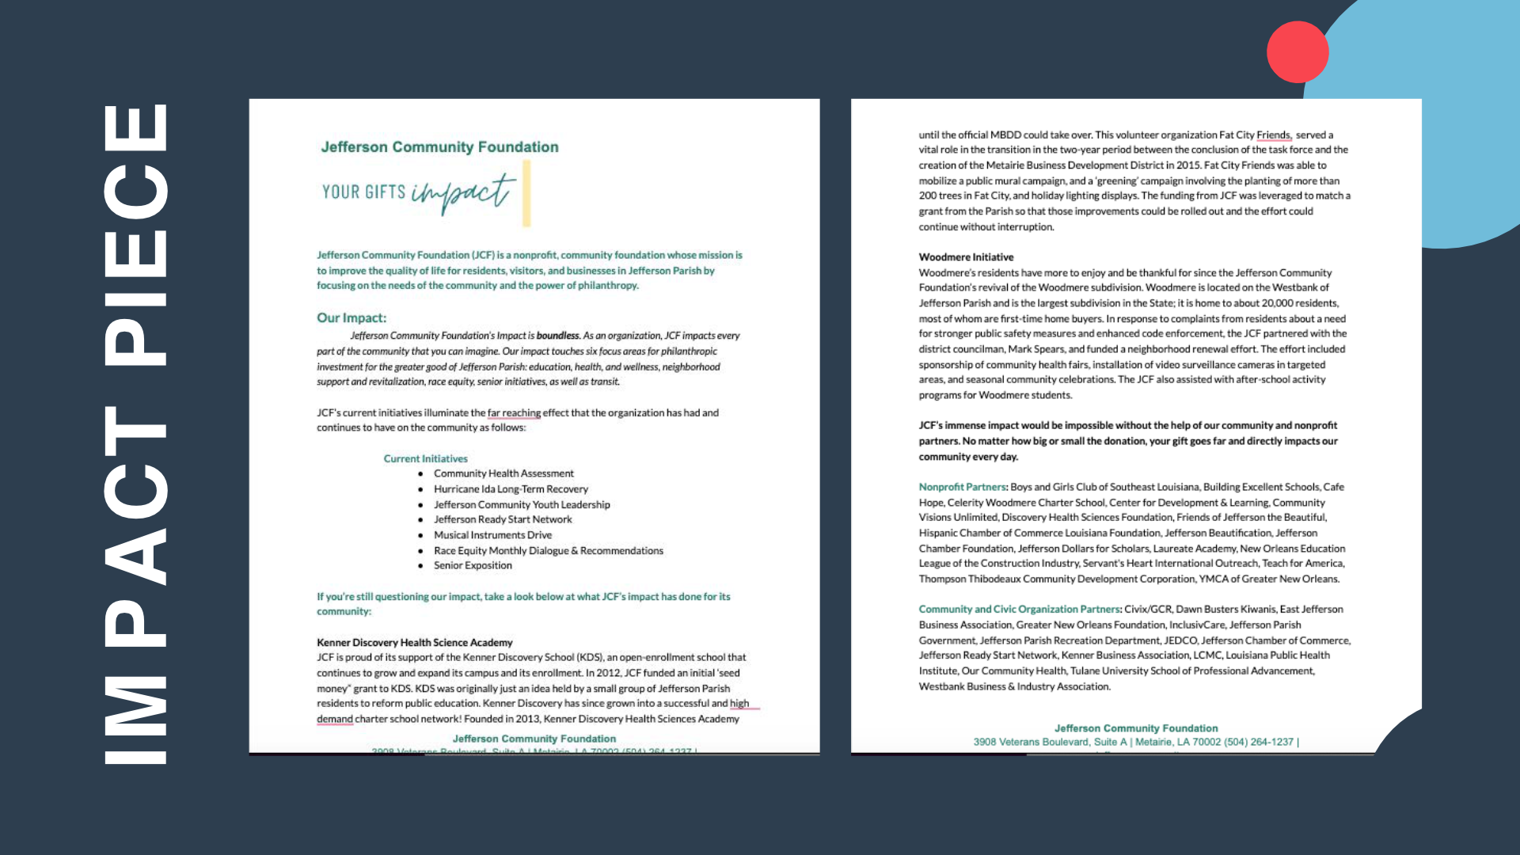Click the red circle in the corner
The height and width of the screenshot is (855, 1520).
pyautogui.click(x=1297, y=52)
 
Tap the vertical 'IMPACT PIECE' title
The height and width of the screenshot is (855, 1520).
pyautogui.click(x=136, y=434)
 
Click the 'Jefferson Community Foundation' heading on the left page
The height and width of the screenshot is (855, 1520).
pyautogui.click(x=439, y=147)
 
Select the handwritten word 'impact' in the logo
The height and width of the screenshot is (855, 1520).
pyautogui.click(x=462, y=192)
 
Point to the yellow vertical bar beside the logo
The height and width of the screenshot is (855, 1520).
pyautogui.click(x=526, y=193)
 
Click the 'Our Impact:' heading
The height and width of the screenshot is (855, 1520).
pyautogui.click(x=351, y=317)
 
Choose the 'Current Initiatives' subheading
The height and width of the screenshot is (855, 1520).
pyautogui.click(x=425, y=458)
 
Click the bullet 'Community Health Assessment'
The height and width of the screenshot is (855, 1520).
pyautogui.click(x=503, y=473)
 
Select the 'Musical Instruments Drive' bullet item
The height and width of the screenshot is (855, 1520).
pyautogui.click(x=492, y=535)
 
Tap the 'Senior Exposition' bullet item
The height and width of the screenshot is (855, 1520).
pyautogui.click(x=473, y=565)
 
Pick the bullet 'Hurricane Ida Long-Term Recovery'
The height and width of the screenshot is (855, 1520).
pyautogui.click(x=511, y=489)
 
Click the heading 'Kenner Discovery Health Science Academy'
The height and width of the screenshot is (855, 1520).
pyautogui.click(x=414, y=642)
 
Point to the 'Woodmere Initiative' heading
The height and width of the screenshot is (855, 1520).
pyautogui.click(x=966, y=257)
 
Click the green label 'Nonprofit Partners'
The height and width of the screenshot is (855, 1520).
pyautogui.click(x=962, y=487)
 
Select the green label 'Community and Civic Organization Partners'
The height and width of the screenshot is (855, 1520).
pyautogui.click(x=1019, y=609)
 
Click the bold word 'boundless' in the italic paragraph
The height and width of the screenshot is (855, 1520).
pyautogui.click(x=558, y=336)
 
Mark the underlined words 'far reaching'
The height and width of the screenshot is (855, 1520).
pyautogui.click(x=514, y=412)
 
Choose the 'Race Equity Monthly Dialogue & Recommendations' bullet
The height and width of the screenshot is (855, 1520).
pyautogui.click(x=548, y=550)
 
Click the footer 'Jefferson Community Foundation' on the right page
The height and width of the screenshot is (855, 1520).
pyautogui.click(x=1135, y=728)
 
